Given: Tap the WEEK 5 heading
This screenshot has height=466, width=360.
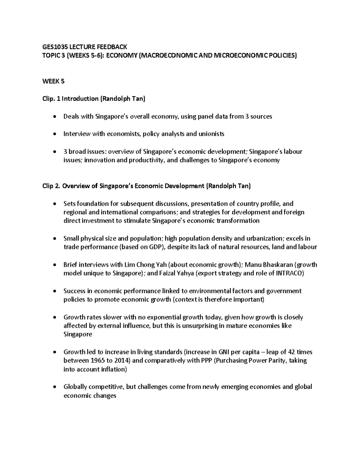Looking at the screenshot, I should [x=53, y=81].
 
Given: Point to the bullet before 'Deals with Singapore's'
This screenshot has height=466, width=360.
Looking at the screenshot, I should [x=54, y=116].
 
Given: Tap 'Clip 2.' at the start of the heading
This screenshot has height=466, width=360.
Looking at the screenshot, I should [x=51, y=186].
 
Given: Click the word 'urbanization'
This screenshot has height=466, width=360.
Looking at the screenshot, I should [x=264, y=239].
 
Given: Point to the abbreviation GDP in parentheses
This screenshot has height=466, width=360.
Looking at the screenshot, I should [x=156, y=247].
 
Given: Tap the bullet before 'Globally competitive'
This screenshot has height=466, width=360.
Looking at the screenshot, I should [x=54, y=387].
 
